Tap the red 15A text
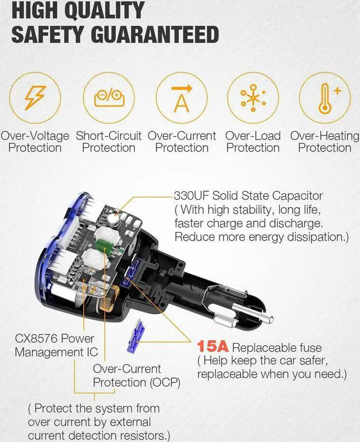[x=212, y=347]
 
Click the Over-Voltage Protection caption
[x=35, y=142]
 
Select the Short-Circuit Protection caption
[x=109, y=142]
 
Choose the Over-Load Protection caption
[x=253, y=142]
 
